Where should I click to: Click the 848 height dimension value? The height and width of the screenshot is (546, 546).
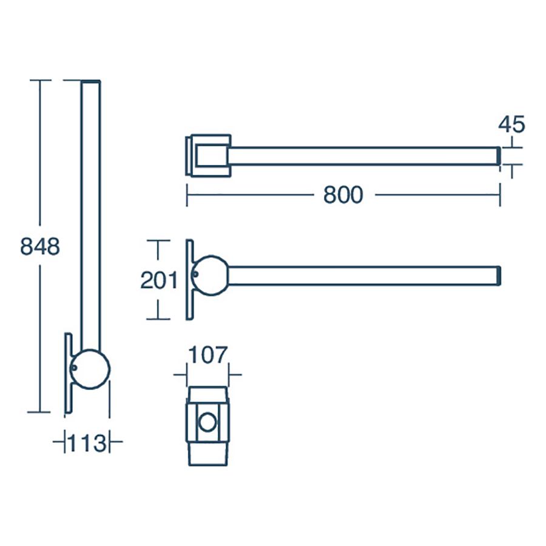[x=40, y=248]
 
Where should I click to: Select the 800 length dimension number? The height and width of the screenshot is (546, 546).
[x=343, y=195]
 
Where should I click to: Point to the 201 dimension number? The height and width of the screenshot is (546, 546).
[x=159, y=280]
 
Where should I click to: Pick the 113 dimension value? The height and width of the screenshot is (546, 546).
[x=87, y=443]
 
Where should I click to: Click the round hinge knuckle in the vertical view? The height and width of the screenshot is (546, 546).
[x=91, y=368]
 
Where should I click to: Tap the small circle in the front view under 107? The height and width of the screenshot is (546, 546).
[x=207, y=422]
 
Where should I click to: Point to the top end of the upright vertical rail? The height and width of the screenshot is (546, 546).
[x=91, y=82]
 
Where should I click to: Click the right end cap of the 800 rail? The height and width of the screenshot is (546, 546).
[x=499, y=156]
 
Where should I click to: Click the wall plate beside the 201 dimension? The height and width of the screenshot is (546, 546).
[x=190, y=279]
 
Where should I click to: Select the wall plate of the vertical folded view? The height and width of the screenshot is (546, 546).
[x=67, y=373]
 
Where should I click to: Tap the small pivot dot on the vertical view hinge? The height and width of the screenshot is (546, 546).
[x=73, y=367]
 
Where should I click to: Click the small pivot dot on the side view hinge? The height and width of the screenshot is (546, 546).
[x=195, y=274]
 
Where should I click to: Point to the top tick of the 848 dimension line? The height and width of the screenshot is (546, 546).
[x=40, y=80]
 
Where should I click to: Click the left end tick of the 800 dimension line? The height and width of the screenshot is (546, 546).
[x=187, y=195]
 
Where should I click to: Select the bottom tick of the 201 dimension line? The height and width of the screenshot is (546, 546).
[x=159, y=318]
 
